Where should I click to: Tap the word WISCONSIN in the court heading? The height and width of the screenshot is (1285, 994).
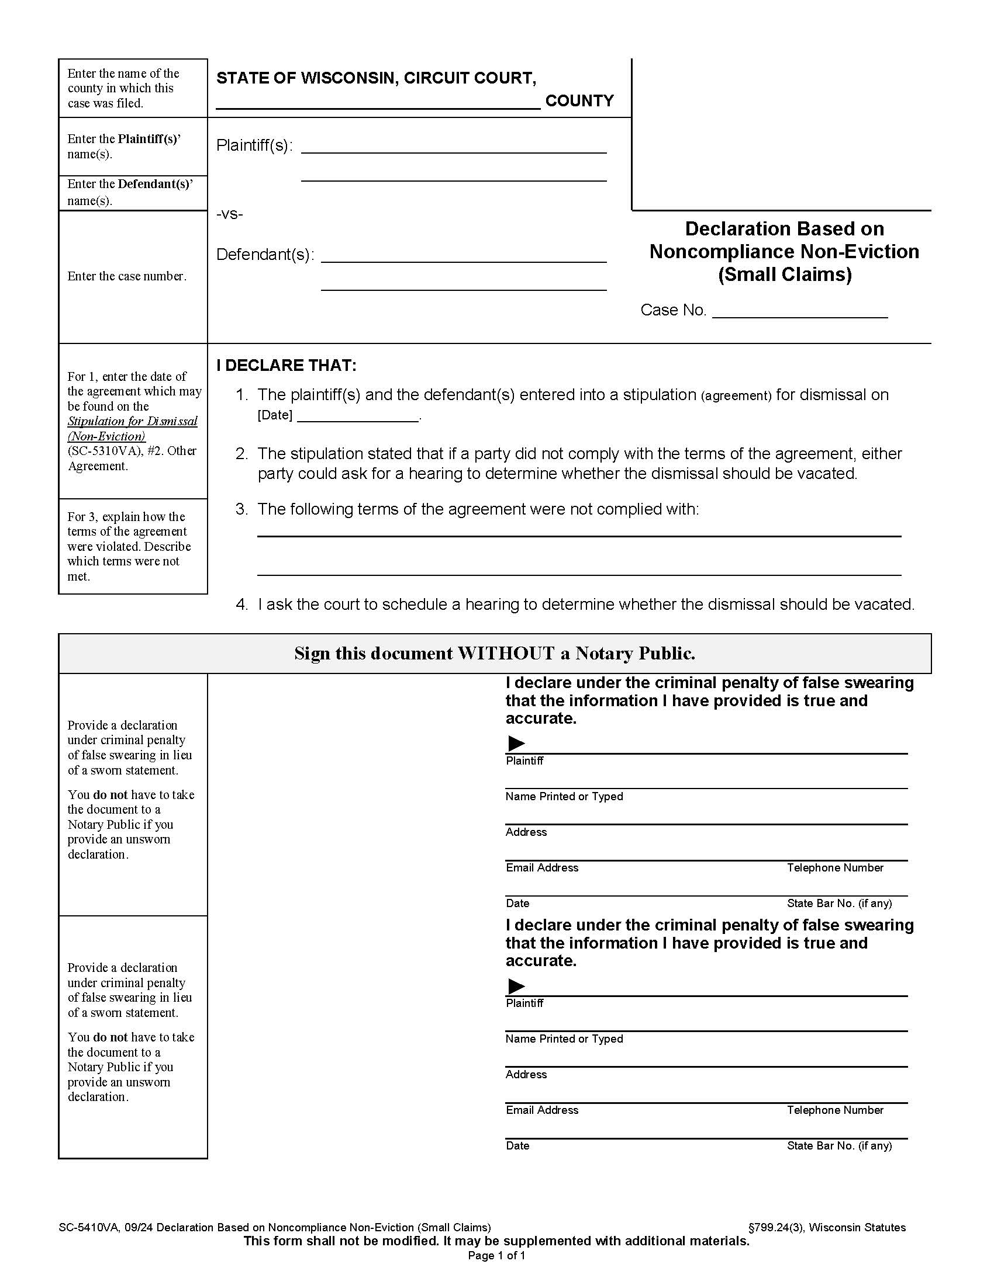(x=347, y=78)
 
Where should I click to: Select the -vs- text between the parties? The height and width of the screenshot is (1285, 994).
(x=230, y=214)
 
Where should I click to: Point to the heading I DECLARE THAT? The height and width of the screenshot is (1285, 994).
(x=286, y=366)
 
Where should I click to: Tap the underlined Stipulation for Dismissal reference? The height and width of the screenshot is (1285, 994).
(x=132, y=421)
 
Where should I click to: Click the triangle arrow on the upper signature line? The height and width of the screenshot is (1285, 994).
(x=516, y=743)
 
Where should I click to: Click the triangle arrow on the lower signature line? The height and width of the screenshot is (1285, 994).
(x=516, y=985)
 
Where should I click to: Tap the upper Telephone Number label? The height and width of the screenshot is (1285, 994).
(x=834, y=868)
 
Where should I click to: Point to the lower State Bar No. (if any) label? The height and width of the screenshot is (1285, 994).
(x=838, y=1145)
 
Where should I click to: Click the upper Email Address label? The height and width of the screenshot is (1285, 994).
(x=542, y=868)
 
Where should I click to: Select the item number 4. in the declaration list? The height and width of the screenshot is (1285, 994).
(x=241, y=605)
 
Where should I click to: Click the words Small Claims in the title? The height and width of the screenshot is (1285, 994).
(x=784, y=275)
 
